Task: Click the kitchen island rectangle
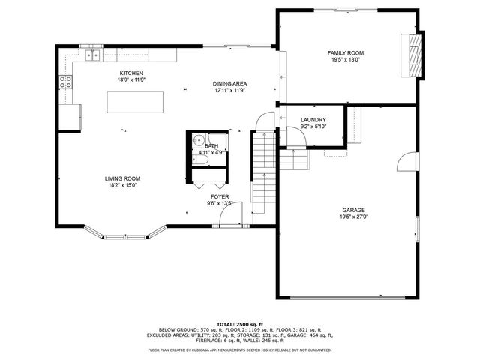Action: [136, 101]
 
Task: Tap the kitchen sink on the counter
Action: [94, 55]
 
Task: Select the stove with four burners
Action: [67, 83]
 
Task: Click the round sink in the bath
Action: [199, 139]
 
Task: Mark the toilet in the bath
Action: [201, 159]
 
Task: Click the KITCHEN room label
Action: [130, 73]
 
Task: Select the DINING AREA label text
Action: [229, 83]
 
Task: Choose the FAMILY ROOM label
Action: [345, 53]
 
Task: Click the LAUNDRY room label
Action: [312, 120]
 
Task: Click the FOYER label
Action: [220, 196]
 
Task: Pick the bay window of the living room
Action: [121, 233]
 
